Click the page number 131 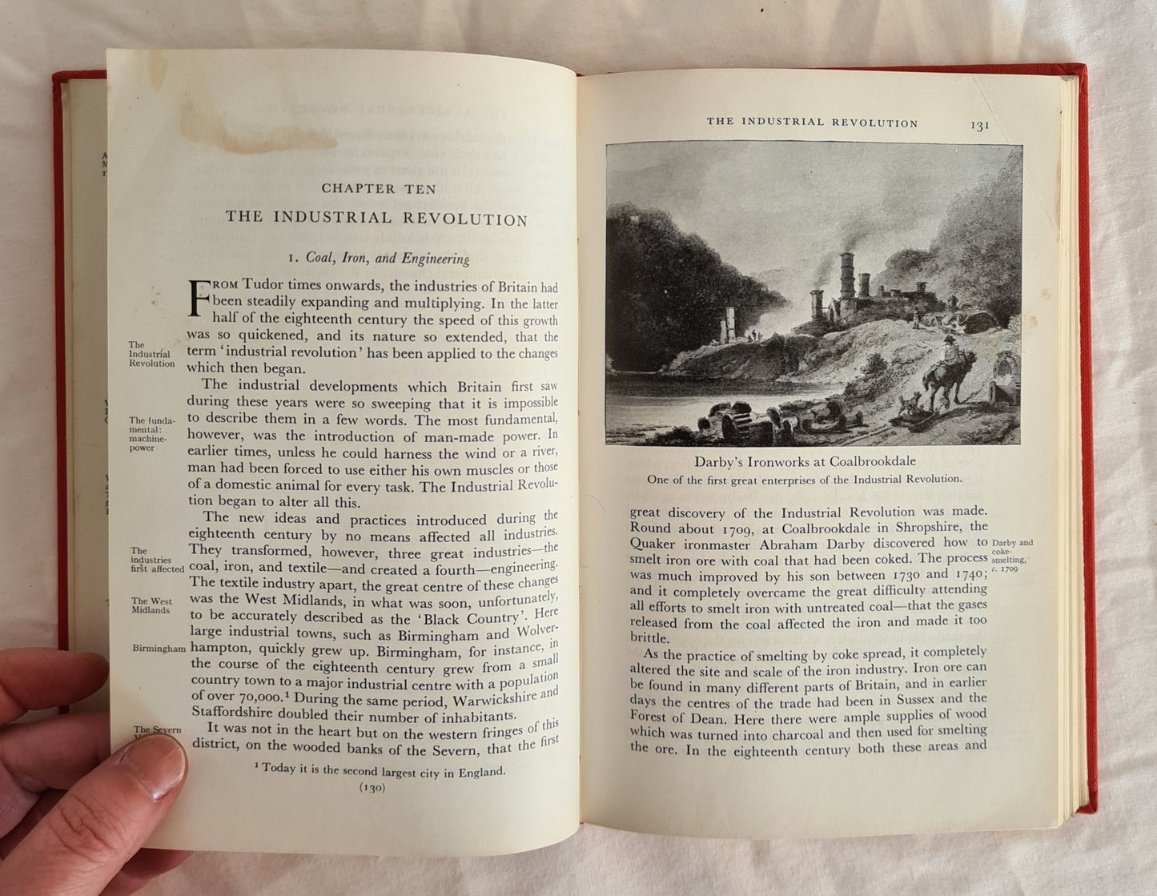coord(980,126)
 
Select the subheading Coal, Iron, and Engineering coord(379,259)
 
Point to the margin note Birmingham coord(159,649)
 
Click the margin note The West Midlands coord(151,605)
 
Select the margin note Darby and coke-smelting coord(1011,552)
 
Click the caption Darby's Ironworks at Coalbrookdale coord(805,462)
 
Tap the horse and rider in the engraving coord(949,373)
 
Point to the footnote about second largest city coord(380,771)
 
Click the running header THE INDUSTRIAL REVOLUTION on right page coord(812,123)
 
